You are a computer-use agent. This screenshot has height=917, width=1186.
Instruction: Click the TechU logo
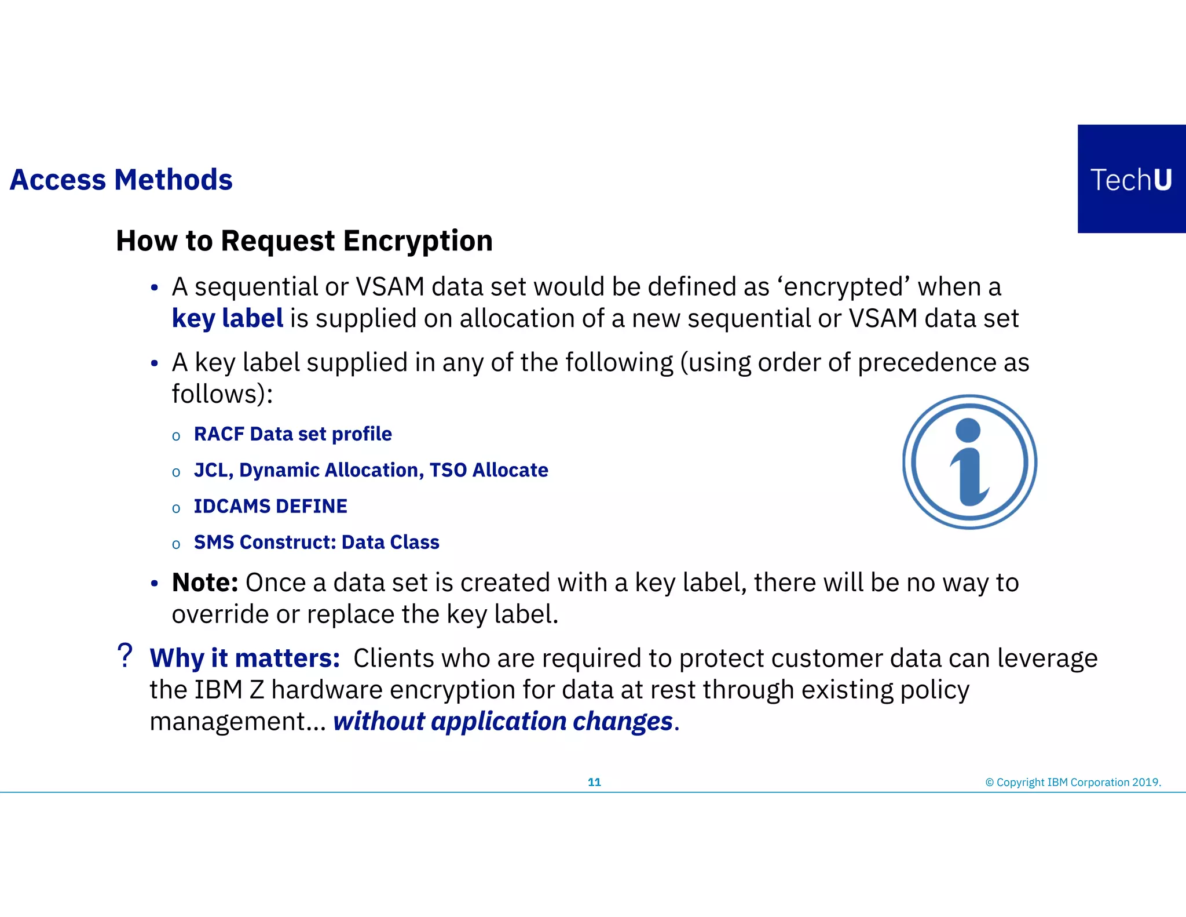click(1131, 179)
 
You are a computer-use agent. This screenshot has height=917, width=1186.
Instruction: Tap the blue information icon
click(969, 462)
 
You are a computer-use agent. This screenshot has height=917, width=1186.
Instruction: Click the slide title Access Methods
click(121, 180)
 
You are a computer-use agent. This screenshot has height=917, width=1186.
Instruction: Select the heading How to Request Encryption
click(304, 241)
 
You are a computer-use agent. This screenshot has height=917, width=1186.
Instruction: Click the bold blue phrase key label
click(228, 319)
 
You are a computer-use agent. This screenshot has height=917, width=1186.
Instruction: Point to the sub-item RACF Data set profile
click(292, 434)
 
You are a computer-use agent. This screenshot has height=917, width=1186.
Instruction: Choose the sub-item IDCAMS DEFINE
click(270, 506)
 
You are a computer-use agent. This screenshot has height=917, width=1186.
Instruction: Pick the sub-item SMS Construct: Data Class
click(316, 542)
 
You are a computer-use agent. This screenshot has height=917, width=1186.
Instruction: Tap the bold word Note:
click(205, 583)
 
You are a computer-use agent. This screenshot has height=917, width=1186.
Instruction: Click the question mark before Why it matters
click(125, 656)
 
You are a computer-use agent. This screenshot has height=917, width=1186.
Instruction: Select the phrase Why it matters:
click(244, 658)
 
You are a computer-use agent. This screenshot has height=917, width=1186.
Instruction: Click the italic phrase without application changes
click(503, 722)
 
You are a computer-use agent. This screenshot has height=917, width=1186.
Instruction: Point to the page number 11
click(594, 783)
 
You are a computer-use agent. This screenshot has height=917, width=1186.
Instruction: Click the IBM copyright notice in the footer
click(1072, 783)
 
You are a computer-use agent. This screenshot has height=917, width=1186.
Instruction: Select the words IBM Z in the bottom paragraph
click(229, 690)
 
